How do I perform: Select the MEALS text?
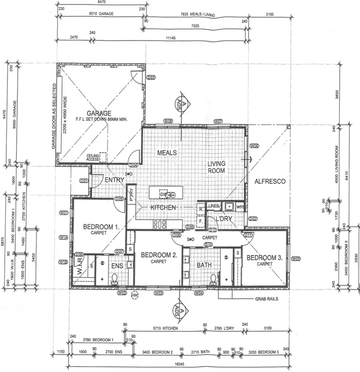point(168,153)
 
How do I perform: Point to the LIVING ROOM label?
point(216,167)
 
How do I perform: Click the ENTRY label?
point(114,180)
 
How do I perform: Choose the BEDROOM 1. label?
point(101,227)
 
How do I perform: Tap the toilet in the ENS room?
point(115,279)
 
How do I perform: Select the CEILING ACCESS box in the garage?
point(93,158)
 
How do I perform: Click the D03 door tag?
point(150,78)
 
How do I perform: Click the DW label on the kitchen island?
point(164,194)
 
